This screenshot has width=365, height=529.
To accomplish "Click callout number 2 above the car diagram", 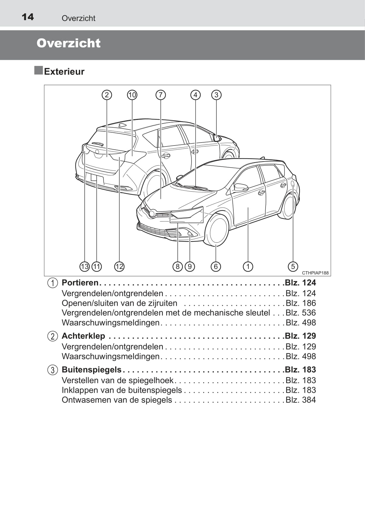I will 107,95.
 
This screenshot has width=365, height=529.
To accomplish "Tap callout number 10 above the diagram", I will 132,95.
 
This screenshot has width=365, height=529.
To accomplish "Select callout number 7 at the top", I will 160,95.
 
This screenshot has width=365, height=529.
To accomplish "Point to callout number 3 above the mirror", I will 216,95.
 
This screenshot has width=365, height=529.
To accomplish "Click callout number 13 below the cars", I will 84,266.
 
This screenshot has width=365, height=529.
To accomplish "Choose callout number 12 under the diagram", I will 119,266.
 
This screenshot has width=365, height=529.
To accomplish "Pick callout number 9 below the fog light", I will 190,266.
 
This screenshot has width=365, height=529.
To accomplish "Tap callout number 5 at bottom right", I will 293,266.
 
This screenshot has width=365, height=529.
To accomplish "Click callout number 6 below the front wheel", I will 216,266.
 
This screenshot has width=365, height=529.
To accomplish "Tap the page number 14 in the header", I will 28,17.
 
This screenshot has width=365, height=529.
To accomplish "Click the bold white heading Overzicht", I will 68,43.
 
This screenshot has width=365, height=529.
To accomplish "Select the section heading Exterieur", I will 64,72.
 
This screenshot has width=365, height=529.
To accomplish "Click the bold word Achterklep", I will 83,336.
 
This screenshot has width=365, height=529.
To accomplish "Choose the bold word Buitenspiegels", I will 91,370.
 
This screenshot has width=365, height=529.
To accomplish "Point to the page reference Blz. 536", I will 300,313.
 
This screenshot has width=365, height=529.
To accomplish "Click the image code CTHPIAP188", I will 315,273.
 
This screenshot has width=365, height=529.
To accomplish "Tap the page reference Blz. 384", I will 300,400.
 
